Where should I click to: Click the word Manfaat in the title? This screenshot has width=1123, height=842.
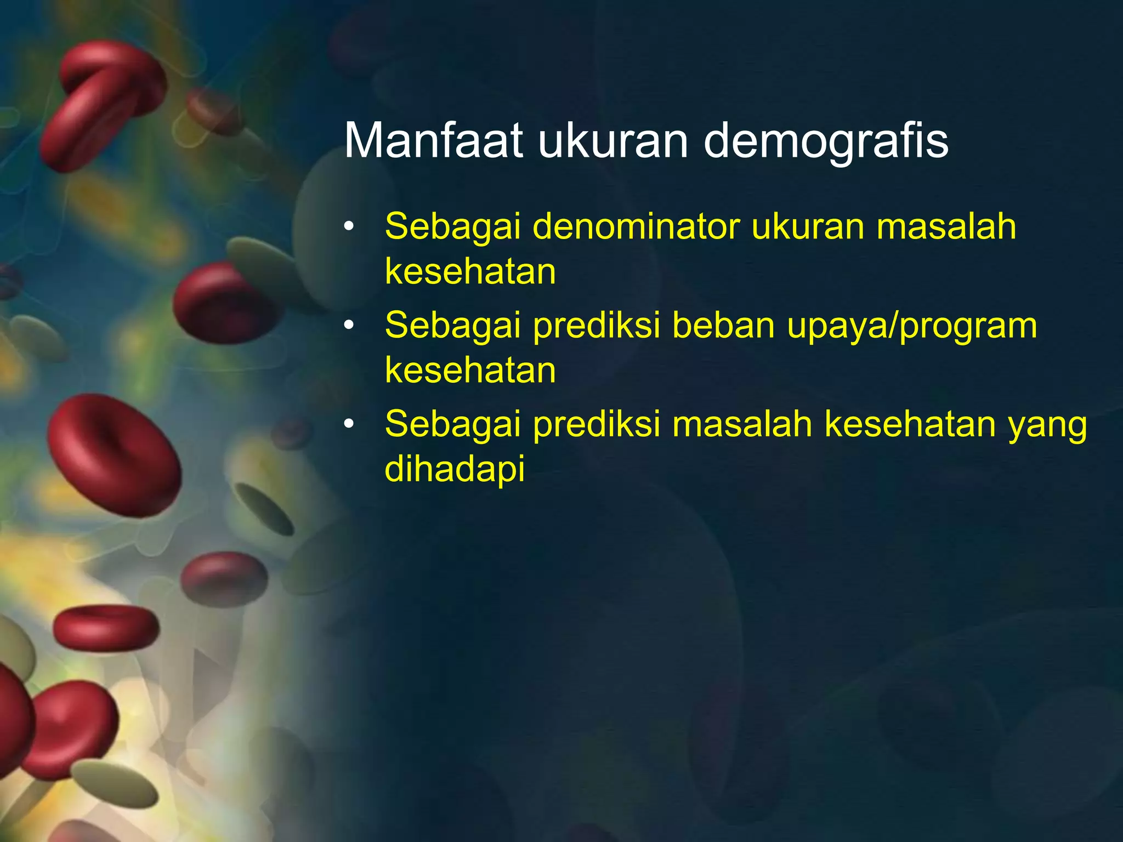[433, 141]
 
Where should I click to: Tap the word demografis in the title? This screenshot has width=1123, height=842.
[825, 141]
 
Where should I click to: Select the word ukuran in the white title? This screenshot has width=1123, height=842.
[612, 141]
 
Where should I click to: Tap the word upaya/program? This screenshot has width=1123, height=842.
[912, 327]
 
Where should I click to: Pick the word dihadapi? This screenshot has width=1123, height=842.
[455, 469]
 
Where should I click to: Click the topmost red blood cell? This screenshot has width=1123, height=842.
[104, 104]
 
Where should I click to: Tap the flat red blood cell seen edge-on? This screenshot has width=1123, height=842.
[106, 628]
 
